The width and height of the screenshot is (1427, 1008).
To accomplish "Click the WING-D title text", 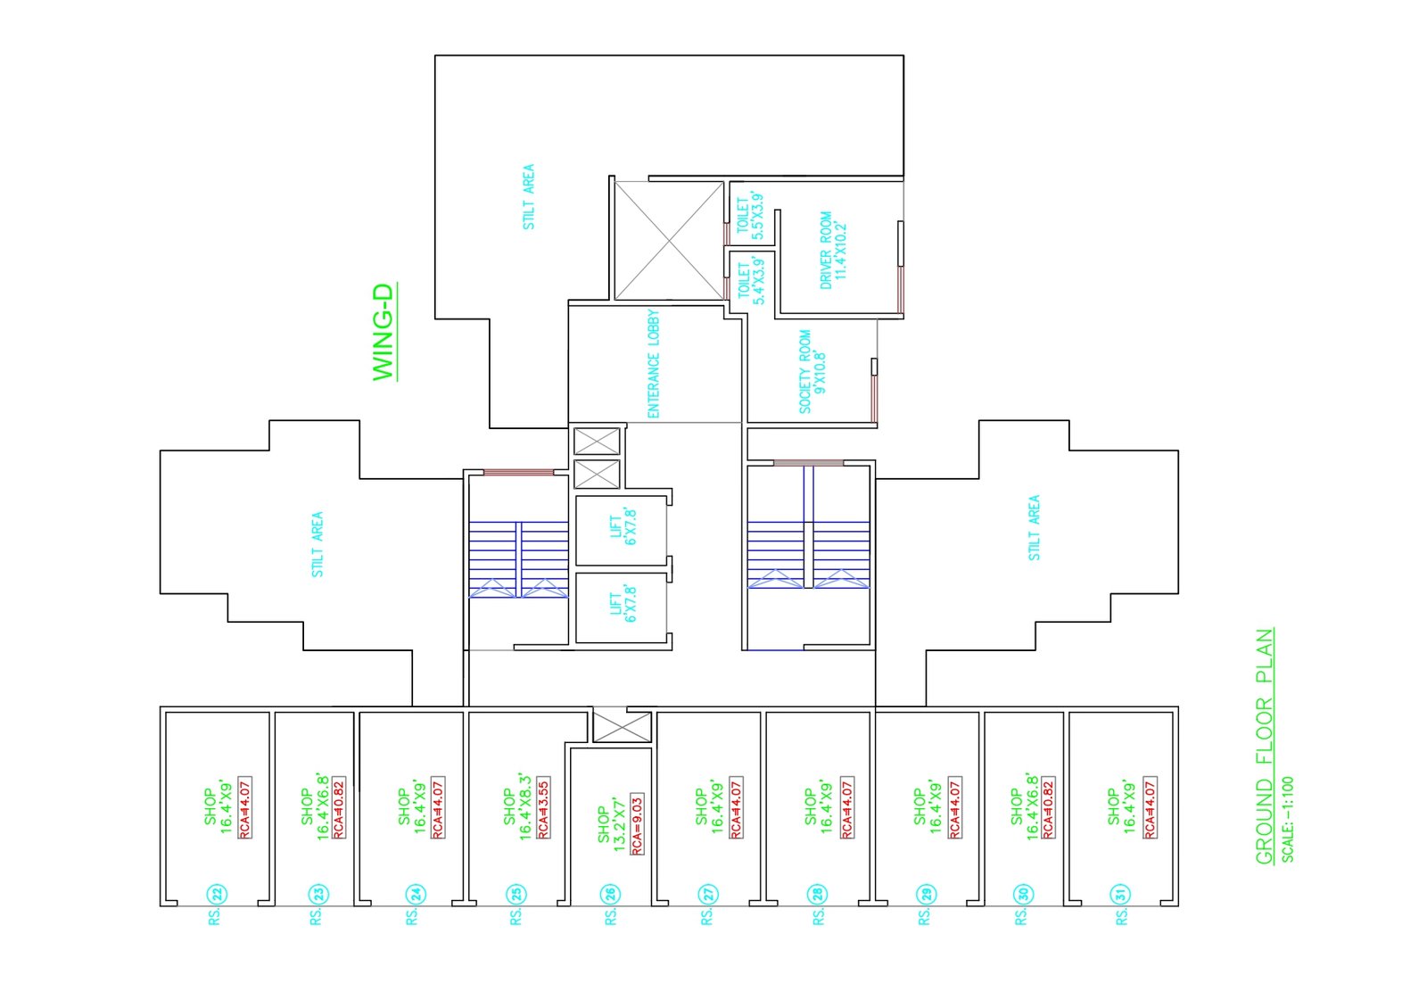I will pyautogui.click(x=384, y=333).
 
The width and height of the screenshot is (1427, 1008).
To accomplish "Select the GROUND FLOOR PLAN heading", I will pyautogui.click(x=1264, y=747).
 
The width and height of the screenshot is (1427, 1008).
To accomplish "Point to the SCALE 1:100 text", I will pyautogui.click(x=1288, y=819).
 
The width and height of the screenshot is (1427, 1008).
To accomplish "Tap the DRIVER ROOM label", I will pyautogui.click(x=833, y=249).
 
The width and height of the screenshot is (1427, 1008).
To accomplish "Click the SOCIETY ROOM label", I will pyautogui.click(x=812, y=371).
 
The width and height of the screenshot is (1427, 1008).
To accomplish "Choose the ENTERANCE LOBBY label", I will pyautogui.click(x=654, y=364).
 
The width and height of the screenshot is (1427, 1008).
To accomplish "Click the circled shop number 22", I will pyautogui.click(x=216, y=894).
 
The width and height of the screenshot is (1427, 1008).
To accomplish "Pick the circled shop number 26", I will pyautogui.click(x=610, y=894).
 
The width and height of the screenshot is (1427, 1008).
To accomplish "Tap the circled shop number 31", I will pyautogui.click(x=1120, y=894).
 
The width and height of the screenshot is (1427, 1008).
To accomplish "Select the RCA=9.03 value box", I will pyautogui.click(x=637, y=824).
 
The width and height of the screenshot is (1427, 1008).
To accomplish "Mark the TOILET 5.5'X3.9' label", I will pyautogui.click(x=749, y=216).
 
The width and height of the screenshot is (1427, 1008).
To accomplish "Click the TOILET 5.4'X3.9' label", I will pyautogui.click(x=750, y=281).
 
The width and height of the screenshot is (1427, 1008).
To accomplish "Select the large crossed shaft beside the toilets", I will pyautogui.click(x=669, y=240).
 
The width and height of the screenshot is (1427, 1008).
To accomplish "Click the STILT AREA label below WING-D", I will pyautogui.click(x=318, y=544).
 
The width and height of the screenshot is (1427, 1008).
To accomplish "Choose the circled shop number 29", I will pyautogui.click(x=926, y=894).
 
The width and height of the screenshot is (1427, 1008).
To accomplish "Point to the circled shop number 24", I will pyautogui.click(x=414, y=894).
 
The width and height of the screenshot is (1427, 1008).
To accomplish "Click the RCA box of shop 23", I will pyautogui.click(x=339, y=807).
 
